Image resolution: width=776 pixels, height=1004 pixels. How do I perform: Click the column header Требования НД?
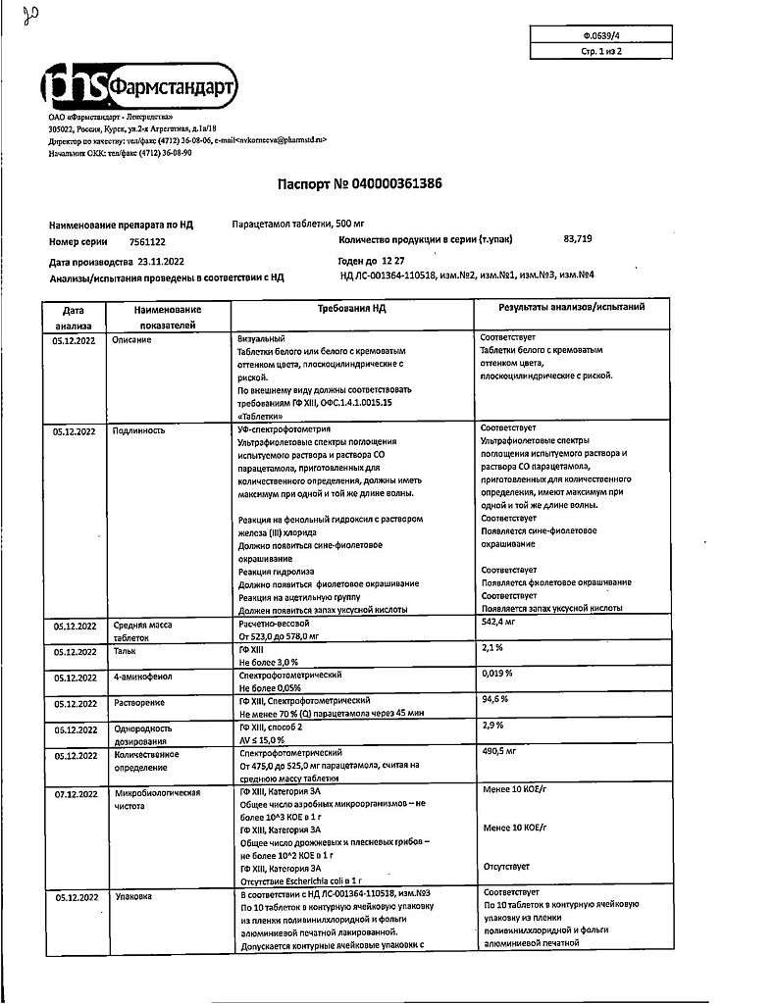(352, 308)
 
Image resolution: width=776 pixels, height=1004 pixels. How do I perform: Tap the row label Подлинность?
(139, 430)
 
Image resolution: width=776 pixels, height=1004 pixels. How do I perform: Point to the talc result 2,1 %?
(492, 647)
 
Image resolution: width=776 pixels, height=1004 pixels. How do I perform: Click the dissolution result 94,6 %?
(495, 700)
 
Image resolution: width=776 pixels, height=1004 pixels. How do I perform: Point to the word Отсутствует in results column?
(506, 866)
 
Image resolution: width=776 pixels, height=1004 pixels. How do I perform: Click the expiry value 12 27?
(394, 262)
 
